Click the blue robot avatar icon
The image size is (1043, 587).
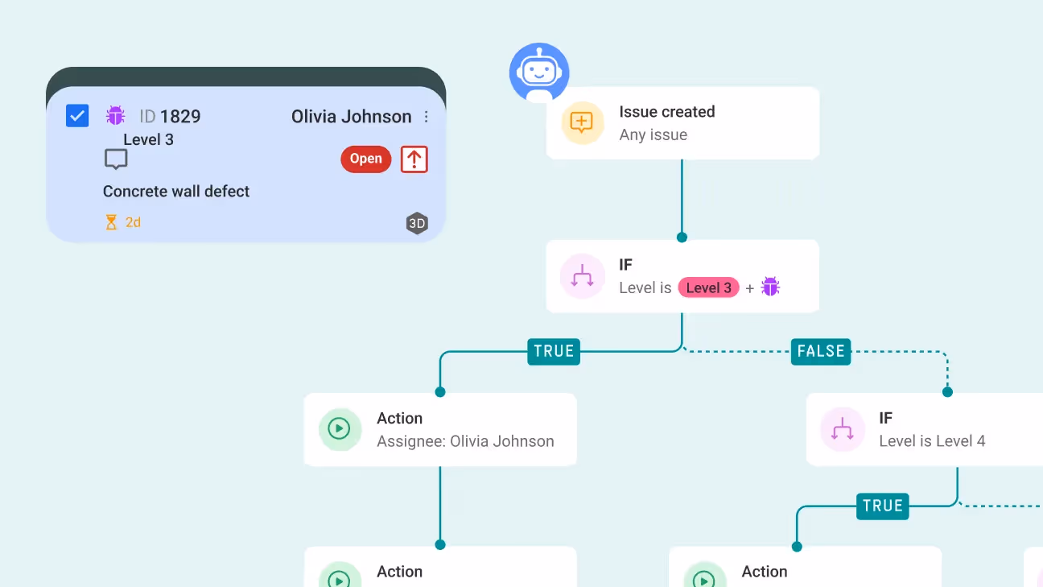coord(539,72)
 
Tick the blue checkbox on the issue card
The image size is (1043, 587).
coord(77,116)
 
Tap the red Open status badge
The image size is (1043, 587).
coord(365,159)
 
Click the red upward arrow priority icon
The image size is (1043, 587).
coord(414,159)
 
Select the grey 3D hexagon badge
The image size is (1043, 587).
coord(416,224)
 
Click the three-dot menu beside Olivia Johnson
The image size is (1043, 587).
coord(426,117)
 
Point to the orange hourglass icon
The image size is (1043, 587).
coord(111,222)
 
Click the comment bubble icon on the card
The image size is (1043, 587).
coord(116,159)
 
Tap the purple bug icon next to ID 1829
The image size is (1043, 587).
coord(116,116)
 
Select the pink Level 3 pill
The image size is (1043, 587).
coord(708,287)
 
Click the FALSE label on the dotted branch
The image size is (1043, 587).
coord(820,351)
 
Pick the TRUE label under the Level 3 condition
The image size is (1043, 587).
coord(554,351)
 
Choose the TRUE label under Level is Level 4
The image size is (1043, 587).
coord(882,506)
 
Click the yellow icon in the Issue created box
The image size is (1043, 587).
coord(582,122)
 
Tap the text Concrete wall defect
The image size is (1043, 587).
coord(176,192)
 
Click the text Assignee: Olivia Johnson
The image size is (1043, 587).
coord(465,441)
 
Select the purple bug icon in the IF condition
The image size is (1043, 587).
coord(770,287)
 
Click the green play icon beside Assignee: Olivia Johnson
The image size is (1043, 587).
coord(340,429)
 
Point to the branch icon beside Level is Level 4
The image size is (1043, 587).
coord(842,429)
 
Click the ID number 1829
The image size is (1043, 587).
coord(180,117)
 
